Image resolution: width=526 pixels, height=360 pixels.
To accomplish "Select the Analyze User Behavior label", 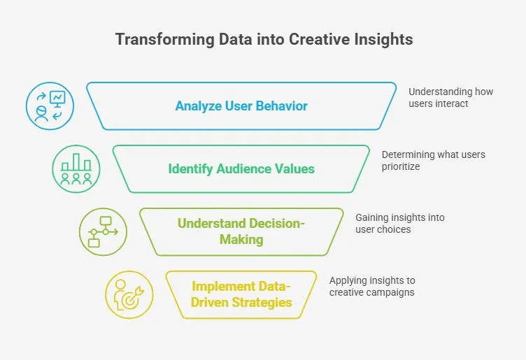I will [x=241, y=106].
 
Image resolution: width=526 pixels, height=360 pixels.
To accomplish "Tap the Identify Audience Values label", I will [x=241, y=168].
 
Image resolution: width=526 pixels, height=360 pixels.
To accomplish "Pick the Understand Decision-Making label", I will [x=241, y=231].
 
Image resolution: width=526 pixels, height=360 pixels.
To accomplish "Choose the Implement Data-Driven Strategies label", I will [x=241, y=295].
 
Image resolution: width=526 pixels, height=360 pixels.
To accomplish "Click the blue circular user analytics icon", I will [x=50, y=106].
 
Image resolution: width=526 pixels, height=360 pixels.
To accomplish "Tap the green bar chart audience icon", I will [x=76, y=169].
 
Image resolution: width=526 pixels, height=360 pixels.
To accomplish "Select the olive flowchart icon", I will [x=103, y=231].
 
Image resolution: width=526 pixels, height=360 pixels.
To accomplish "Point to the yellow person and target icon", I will [x=129, y=294].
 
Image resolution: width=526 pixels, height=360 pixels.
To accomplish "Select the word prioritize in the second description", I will [x=401, y=166].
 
